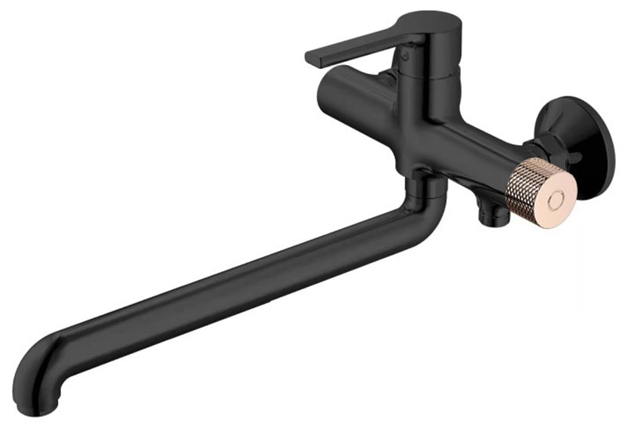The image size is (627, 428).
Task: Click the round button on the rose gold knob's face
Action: point(555,200)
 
